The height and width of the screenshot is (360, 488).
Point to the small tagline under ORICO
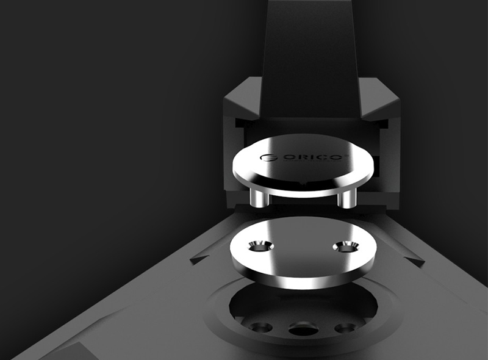pyautogui.click(x=312, y=161)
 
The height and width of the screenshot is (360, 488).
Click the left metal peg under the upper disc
pyautogui.click(x=259, y=198)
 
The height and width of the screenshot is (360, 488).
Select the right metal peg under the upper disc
pyautogui.click(x=346, y=199)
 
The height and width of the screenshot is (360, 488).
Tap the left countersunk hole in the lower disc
pyautogui.click(x=261, y=247)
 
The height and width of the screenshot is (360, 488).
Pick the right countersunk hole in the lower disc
pyautogui.click(x=346, y=247)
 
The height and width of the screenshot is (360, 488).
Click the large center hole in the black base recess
pyautogui.click(x=303, y=329)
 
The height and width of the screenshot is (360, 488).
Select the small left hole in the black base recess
pyautogui.click(x=262, y=328)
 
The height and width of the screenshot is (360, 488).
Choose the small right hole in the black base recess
pyautogui.click(x=346, y=328)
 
